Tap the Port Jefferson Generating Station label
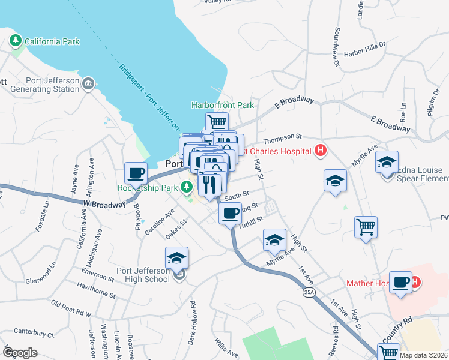point(53,85)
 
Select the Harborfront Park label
point(223,105)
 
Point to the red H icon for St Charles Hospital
point(321,151)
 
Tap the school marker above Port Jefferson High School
point(176,257)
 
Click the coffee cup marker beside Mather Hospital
point(400,282)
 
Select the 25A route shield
point(309,292)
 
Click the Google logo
point(20,352)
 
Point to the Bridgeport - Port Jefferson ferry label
point(148,97)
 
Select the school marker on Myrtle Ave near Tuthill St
point(274,241)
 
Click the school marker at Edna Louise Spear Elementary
point(387,161)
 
